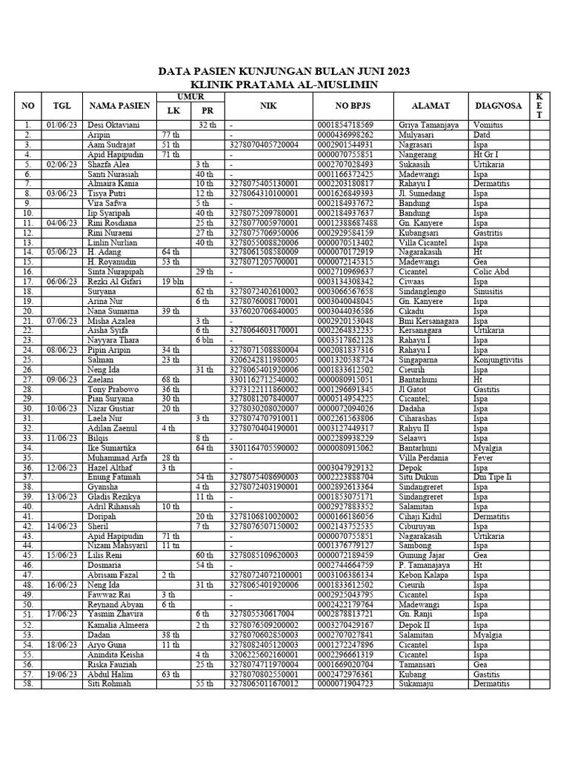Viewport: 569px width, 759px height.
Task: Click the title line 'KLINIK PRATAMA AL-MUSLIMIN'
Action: click(284, 85)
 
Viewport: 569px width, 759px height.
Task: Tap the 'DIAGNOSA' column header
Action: click(499, 106)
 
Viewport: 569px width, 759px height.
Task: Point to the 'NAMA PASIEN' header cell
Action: click(119, 106)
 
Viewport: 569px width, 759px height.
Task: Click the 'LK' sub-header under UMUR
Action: click(173, 111)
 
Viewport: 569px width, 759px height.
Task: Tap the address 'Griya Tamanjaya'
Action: click(429, 125)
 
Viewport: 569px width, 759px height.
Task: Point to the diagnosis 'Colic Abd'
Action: click(490, 271)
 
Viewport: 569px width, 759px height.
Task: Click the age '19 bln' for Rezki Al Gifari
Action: click(173, 282)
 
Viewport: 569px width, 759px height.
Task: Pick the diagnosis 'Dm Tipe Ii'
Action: click(493, 477)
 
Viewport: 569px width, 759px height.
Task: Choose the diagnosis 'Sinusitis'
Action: click(490, 291)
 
